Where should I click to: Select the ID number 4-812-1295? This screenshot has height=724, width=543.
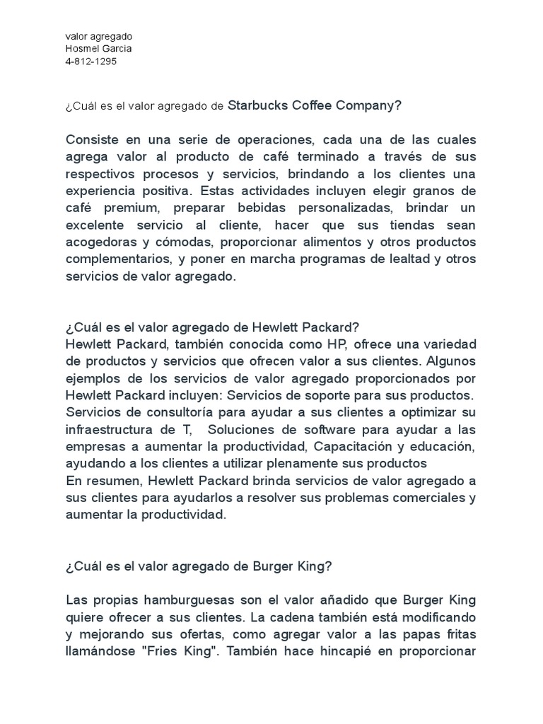coord(91,61)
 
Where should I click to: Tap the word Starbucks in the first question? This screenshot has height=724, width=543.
coord(258,106)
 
